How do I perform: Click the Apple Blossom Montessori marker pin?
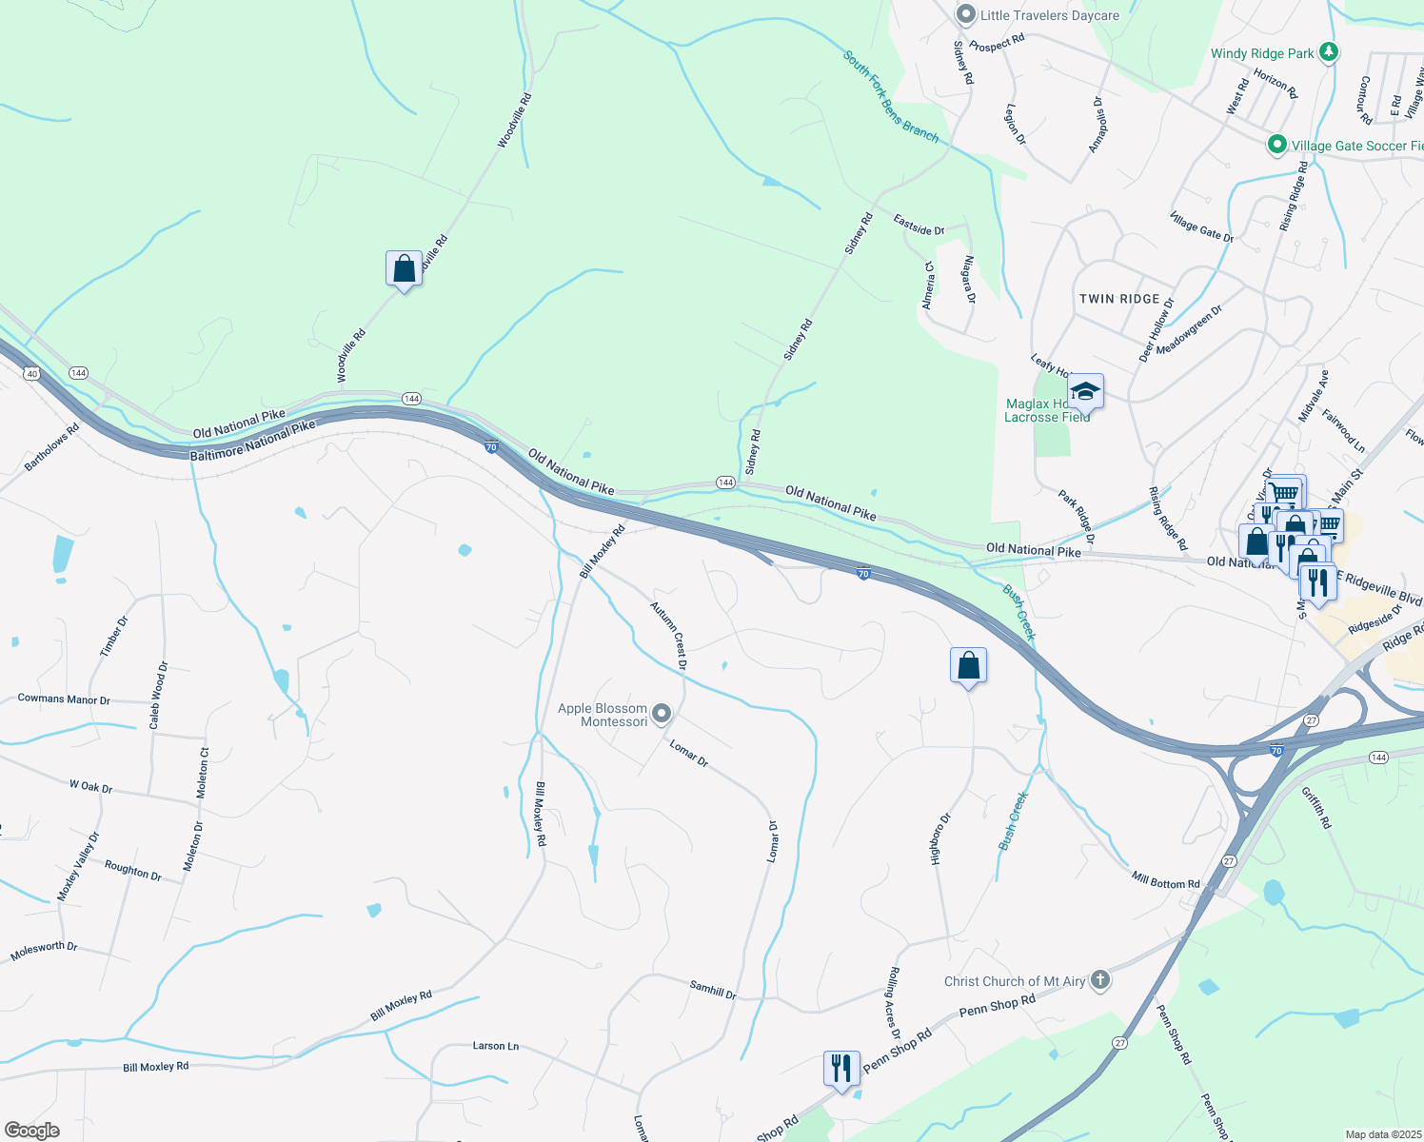pos(663,714)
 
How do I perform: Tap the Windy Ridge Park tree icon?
pos(1330,52)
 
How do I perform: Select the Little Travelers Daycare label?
pos(1049,15)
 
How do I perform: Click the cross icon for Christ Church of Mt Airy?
pos(1100,980)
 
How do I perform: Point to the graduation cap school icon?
pos(1085,391)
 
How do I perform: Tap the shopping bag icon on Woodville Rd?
pos(404,269)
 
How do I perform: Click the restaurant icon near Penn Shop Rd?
pos(841,1069)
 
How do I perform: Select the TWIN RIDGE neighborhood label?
pos(1119,299)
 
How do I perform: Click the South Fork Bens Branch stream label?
pos(891,97)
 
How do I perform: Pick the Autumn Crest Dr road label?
pos(669,635)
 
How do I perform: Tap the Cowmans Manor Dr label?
pos(64,699)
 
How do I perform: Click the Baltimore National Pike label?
pos(252,442)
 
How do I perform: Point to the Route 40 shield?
pos(32,374)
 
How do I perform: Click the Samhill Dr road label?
pos(713,990)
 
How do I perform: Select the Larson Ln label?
pos(496,1046)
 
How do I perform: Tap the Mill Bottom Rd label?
pos(1165,880)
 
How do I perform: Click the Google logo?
pos(32,1131)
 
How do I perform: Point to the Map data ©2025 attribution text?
pos(1382,1134)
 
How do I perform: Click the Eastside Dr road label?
pos(919,225)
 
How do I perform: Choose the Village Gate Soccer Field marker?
pos(1276,145)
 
